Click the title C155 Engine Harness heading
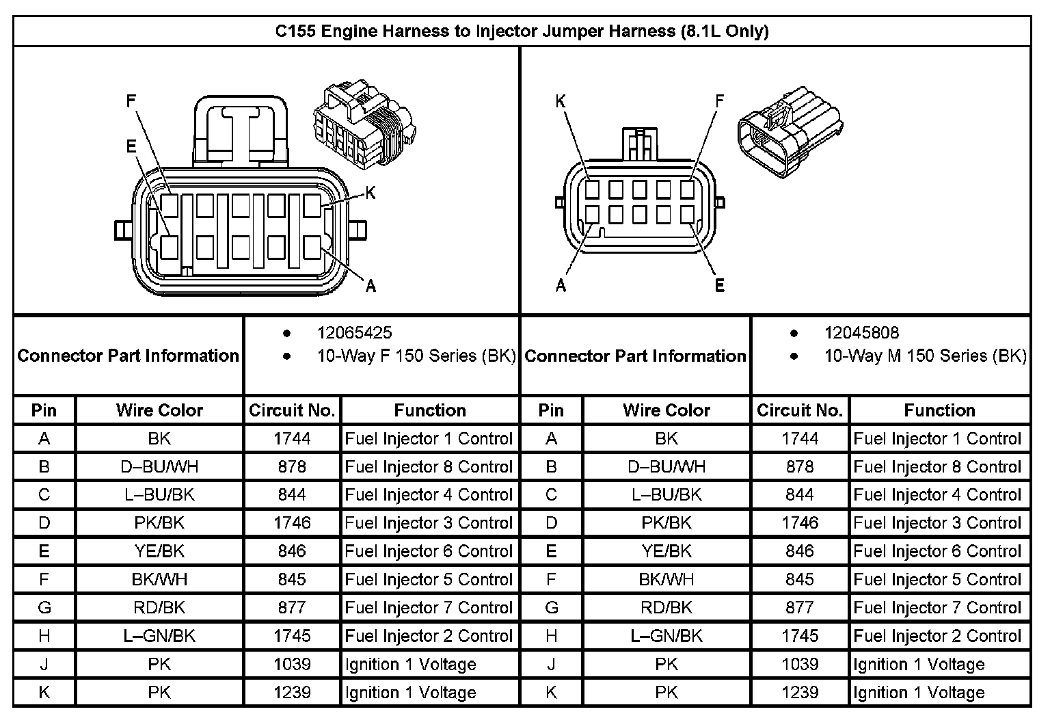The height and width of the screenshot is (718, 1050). coord(522,31)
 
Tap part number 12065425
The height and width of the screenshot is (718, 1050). coord(354,333)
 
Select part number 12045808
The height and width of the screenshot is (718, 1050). coord(861,333)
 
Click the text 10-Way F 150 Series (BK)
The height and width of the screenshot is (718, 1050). coord(416,356)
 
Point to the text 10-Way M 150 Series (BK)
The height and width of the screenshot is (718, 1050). coord(925,356)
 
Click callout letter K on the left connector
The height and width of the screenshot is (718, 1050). coord(371,194)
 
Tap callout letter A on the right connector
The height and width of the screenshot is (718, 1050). coord(561,285)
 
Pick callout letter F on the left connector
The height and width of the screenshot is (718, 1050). coord(131,102)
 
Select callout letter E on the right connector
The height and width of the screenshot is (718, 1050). coord(719,285)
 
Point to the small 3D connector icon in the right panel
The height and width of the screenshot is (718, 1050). coord(790,130)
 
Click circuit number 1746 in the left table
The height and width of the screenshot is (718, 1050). coord(292,523)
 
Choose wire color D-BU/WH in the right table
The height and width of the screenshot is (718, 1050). coord(667,467)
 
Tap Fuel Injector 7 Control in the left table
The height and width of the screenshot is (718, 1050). coord(429,608)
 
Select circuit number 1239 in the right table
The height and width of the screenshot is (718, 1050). coord(800,693)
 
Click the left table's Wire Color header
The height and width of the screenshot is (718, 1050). coord(159,410)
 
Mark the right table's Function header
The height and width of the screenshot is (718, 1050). coord(939,410)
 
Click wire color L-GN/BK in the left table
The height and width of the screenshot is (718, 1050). coord(159,636)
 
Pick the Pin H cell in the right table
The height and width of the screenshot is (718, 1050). coord(551,636)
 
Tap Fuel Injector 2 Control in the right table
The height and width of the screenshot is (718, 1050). coord(937,636)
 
